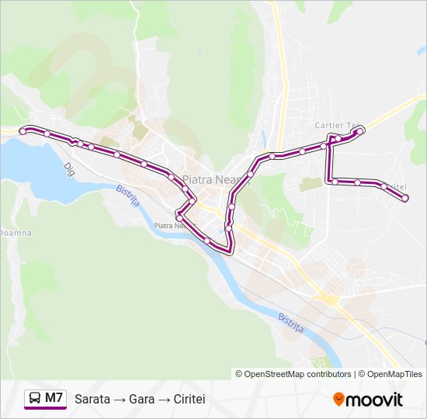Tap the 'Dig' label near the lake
(x=68, y=167)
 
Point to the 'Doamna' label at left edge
(x=14, y=232)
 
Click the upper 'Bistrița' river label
(x=127, y=196)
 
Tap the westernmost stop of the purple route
(x=23, y=131)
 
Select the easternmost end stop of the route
(x=405, y=199)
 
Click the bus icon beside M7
(x=35, y=398)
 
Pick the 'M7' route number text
(x=54, y=398)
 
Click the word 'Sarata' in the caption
(x=92, y=399)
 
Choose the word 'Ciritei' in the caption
(x=189, y=399)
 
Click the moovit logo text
(x=375, y=400)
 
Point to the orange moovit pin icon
(x=338, y=400)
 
